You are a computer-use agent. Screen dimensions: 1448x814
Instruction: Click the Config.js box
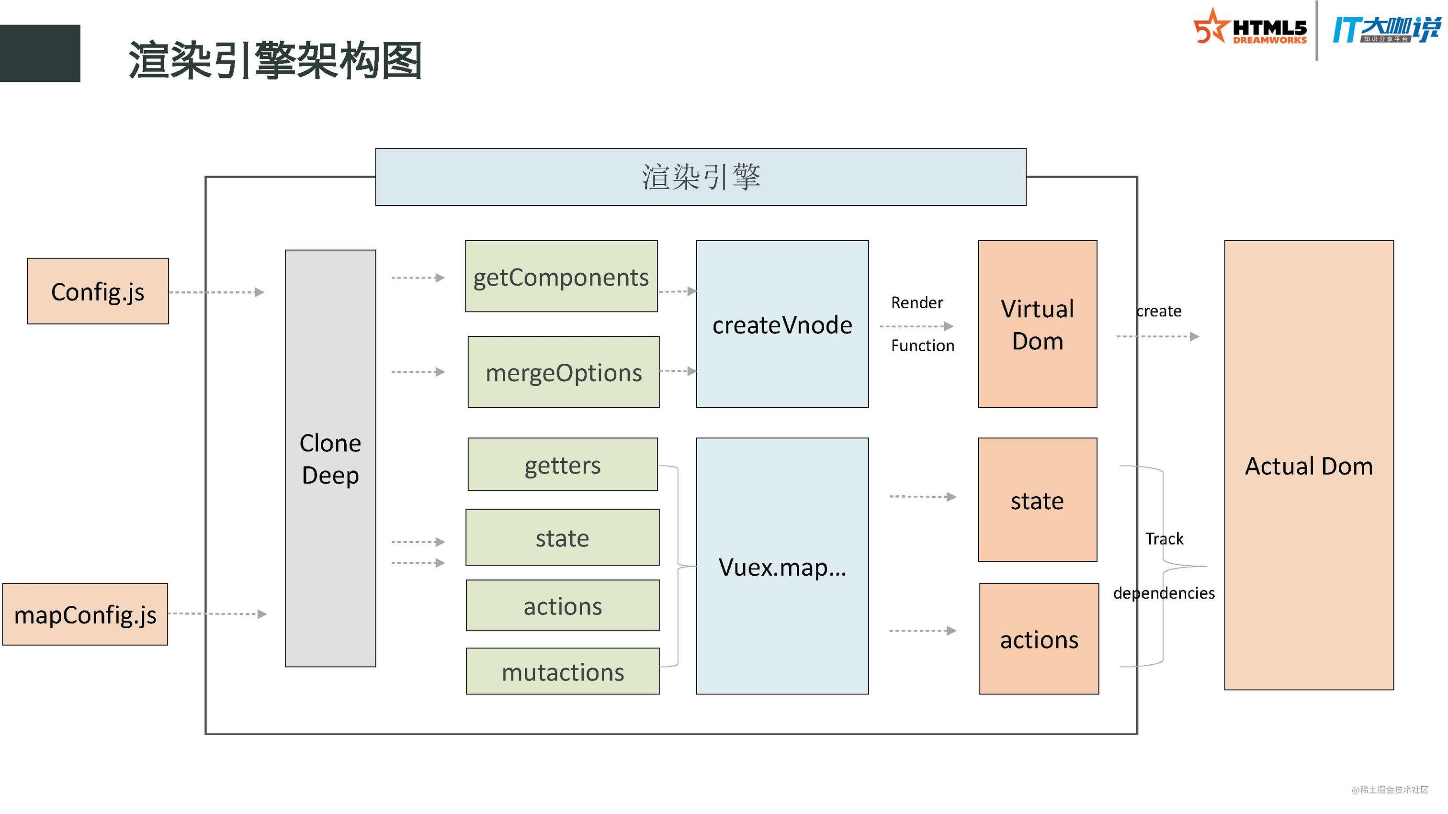click(98, 291)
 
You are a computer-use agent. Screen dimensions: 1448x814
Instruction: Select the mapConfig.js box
click(85, 614)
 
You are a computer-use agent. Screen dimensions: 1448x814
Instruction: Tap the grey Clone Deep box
click(330, 458)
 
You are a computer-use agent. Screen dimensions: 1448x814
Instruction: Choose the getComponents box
click(562, 277)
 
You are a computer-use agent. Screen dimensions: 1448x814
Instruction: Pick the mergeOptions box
click(564, 372)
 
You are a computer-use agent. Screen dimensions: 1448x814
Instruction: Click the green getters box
click(563, 465)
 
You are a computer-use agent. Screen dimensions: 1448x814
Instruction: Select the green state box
click(563, 537)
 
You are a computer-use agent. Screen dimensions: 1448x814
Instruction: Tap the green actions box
click(563, 605)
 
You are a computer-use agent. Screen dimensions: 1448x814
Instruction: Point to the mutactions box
click(563, 671)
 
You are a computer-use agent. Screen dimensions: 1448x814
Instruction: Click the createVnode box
click(782, 324)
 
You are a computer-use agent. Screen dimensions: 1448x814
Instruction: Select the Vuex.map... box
click(782, 566)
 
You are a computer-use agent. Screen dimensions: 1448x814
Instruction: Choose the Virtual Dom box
click(1038, 324)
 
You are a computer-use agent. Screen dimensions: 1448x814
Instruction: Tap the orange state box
click(1038, 500)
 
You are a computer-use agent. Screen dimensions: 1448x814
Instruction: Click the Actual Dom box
click(1309, 465)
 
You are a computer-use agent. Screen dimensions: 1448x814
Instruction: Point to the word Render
click(917, 303)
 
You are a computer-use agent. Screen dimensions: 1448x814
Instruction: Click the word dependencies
click(1164, 593)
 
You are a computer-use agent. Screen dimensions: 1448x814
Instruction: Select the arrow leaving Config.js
click(216, 292)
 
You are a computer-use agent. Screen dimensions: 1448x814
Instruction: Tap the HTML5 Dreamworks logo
click(1250, 28)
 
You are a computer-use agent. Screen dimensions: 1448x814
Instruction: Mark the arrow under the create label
click(1158, 336)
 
